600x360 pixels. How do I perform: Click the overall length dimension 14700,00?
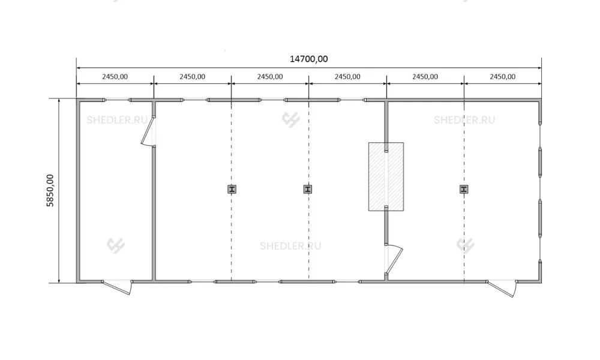point(308,59)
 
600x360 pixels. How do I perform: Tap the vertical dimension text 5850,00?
point(50,191)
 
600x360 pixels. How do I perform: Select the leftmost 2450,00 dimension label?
point(115,77)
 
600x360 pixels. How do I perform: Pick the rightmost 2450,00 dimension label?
point(502,77)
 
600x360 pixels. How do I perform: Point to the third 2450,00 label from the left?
point(270,77)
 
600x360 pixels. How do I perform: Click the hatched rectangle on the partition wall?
point(386,177)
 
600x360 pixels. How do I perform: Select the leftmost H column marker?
point(232,189)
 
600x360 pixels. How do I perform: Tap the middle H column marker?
point(308,189)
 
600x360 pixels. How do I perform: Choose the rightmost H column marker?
point(464,189)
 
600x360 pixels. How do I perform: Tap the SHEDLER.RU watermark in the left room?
point(117,120)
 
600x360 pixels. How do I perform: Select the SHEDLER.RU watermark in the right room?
point(464,120)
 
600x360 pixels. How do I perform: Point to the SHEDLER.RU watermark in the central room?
point(290,246)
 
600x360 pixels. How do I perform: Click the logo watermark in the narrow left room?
point(116,245)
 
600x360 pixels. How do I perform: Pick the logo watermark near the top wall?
point(291,120)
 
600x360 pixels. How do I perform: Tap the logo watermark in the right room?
point(466,245)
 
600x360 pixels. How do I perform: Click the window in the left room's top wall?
point(117,100)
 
